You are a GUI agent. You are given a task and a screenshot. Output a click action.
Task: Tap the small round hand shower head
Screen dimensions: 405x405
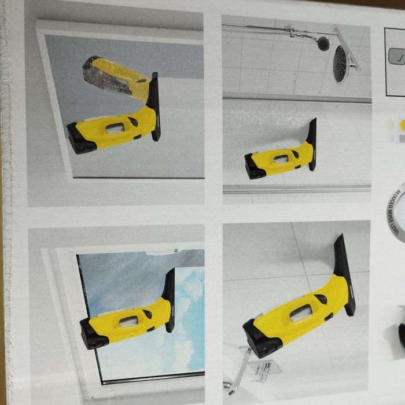point(322,43)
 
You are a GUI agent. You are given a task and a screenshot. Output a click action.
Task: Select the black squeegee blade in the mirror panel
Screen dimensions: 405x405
point(154,107)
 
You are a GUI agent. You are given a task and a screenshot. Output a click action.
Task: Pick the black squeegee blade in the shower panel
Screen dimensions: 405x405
point(312,145)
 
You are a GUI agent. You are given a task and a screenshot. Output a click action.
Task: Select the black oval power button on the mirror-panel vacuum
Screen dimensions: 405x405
point(133,122)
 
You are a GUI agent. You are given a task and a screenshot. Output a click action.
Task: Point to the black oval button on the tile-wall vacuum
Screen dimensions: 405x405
point(320,299)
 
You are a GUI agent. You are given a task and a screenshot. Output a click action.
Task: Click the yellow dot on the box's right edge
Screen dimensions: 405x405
point(402,123)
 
